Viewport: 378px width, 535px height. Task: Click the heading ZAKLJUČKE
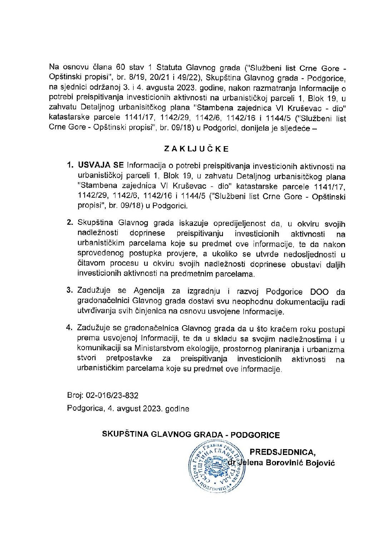[196, 149]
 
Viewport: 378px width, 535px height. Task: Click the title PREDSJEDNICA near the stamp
[283, 452]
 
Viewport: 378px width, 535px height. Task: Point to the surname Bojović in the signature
[319, 463]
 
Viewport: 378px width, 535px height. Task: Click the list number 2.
[70, 223]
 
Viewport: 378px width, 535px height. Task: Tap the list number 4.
[70, 328]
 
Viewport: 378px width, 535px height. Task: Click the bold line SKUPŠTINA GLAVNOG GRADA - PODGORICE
[191, 435]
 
